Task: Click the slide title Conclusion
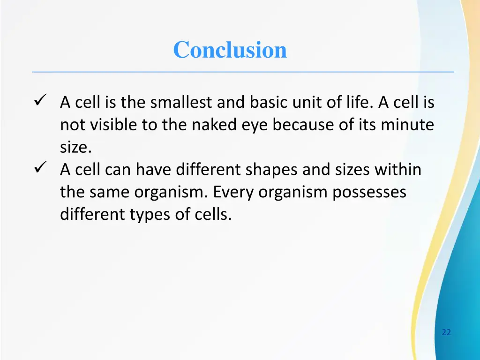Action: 230,50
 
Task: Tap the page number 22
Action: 446,332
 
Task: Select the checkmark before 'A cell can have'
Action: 39,167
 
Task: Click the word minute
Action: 407,125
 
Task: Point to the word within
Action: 397,169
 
